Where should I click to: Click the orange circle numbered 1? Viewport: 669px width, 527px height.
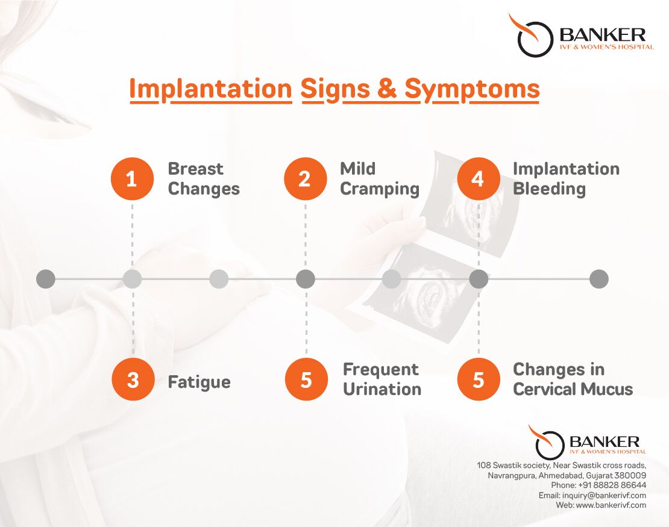132,179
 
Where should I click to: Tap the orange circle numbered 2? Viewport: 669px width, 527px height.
305,179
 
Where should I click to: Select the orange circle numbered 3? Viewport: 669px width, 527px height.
133,379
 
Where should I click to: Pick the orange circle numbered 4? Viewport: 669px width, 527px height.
479,179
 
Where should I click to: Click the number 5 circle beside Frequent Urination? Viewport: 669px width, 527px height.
306,379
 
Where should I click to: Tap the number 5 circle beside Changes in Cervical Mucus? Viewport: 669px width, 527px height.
479,379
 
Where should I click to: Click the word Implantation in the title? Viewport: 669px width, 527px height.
211,90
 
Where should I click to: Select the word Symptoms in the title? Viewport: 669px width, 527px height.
473,90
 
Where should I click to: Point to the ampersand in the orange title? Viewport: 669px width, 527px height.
387,89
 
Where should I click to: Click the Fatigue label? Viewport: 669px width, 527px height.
199,382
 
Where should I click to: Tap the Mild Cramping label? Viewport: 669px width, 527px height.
380,179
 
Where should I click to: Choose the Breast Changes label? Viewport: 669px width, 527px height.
204,179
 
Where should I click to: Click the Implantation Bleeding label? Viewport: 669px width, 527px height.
566,179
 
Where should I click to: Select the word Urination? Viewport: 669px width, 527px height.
382,389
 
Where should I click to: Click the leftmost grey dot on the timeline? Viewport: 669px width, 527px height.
46,279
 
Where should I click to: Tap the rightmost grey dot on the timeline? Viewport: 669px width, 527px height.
598,279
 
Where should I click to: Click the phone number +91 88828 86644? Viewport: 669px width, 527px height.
612,485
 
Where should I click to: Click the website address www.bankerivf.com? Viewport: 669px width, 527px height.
611,505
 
